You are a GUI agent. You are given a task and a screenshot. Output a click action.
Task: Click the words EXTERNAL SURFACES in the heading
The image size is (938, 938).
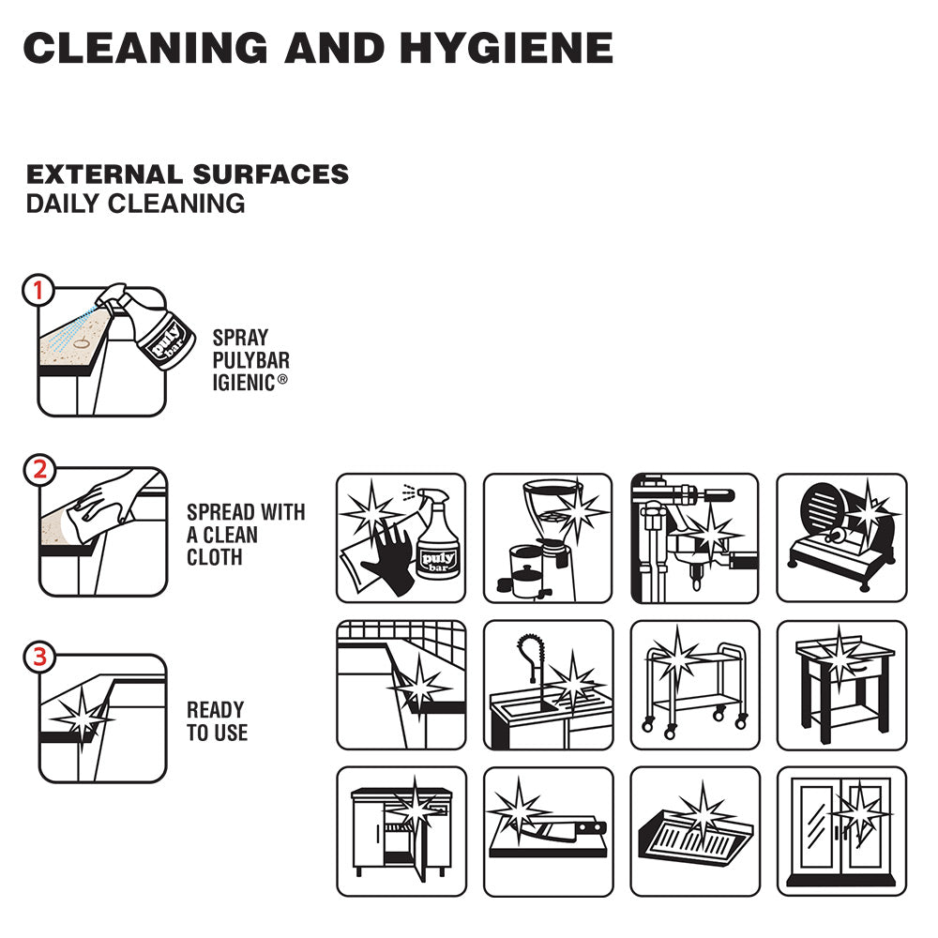pos(188,174)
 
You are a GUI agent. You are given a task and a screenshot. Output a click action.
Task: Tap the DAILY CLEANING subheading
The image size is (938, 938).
pos(136,204)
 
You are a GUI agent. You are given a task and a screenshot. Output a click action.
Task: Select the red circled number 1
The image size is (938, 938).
pos(38,292)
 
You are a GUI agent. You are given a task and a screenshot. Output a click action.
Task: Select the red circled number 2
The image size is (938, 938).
pos(38,471)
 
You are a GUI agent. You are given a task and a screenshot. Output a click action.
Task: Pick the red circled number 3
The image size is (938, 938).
pos(38,658)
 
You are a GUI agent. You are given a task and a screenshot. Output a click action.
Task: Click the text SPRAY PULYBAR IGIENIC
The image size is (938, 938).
pos(250,359)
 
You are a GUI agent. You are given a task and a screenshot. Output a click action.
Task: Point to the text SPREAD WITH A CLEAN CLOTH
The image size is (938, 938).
pos(245,535)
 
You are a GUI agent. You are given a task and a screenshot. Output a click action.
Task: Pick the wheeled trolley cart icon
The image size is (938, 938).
pos(693,685)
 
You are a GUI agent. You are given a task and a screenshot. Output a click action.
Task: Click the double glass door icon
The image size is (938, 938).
pos(840,831)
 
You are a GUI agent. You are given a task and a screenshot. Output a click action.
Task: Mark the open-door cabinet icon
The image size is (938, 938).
pos(401,831)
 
